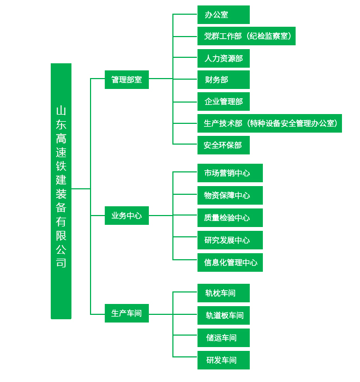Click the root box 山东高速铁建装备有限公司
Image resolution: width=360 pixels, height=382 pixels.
click(61, 191)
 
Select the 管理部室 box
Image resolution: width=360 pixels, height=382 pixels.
click(127, 80)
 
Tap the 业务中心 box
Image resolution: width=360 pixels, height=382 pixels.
click(127, 216)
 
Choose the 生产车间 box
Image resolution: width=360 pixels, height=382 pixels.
click(127, 313)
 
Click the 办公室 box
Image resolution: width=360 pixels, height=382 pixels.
click(223, 15)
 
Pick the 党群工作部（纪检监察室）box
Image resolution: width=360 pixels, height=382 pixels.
click(246, 36)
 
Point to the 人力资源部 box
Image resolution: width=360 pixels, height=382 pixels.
click(223, 58)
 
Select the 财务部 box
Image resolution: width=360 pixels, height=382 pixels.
click(223, 80)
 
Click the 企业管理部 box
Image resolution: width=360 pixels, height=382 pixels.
click(223, 102)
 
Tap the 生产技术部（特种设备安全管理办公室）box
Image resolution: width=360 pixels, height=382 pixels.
click(269, 123)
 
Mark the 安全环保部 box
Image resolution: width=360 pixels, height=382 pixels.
click(223, 145)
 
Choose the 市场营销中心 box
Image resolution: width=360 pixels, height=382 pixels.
click(230, 173)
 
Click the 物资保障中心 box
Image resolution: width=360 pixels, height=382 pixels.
click(230, 195)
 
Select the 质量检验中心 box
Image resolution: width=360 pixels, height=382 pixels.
click(230, 218)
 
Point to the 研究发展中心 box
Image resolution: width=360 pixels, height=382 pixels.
click(230, 240)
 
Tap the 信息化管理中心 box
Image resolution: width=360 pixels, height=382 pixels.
click(230, 262)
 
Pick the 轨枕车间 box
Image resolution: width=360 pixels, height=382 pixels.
click(223, 293)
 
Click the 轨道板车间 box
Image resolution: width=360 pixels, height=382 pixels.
click(223, 315)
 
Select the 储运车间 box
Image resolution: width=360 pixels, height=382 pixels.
click(223, 338)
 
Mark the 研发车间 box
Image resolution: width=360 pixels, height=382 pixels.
click(223, 360)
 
